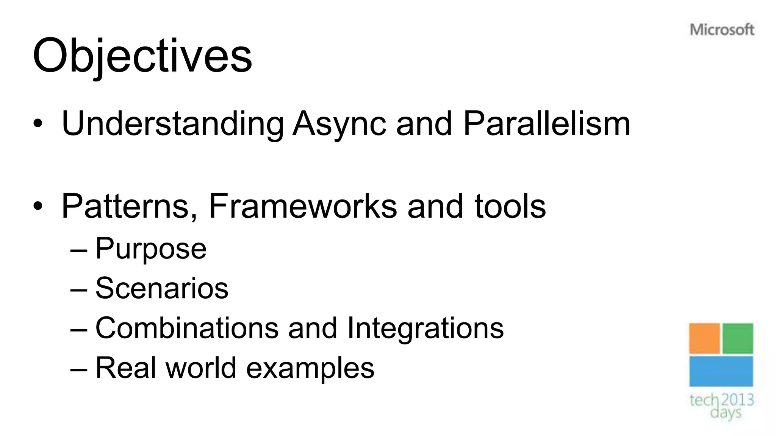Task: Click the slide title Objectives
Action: (142, 56)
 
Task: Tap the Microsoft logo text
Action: (722, 30)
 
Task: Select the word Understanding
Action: (172, 124)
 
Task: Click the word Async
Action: (339, 124)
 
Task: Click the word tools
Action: (510, 206)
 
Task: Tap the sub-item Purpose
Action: (151, 249)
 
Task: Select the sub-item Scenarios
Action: (162, 288)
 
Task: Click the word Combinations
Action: (187, 328)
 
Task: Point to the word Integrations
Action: (425, 328)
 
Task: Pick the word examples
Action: (310, 368)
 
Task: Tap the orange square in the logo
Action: (704, 338)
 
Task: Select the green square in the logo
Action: (738, 338)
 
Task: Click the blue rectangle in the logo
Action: (721, 371)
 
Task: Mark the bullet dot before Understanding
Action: (38, 124)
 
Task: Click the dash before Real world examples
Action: (79, 368)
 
